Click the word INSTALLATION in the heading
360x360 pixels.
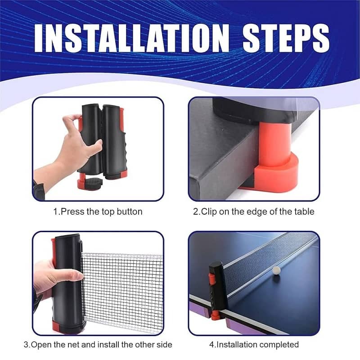point(132,38)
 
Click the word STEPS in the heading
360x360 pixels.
point(286,38)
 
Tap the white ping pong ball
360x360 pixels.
point(276,270)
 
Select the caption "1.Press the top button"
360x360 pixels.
point(98,211)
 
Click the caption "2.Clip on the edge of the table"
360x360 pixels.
point(253,211)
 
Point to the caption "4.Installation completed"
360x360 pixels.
point(254,345)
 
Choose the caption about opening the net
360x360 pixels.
point(98,345)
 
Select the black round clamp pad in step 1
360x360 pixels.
point(94,183)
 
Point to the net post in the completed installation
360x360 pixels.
point(216,290)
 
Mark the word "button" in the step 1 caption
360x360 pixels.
point(130,211)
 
